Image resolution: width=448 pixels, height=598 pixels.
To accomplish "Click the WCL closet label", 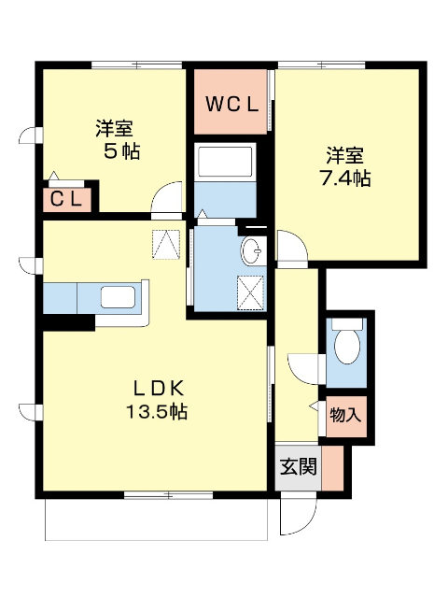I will (x=231, y=104).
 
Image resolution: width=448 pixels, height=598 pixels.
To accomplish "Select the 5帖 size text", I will (x=120, y=150).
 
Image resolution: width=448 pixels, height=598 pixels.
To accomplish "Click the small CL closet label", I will (x=67, y=198).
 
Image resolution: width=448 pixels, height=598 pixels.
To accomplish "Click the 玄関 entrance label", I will (x=297, y=465).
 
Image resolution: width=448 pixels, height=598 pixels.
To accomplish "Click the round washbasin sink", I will (x=252, y=250).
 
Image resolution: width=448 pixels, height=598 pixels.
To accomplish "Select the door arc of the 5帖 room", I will (x=169, y=201).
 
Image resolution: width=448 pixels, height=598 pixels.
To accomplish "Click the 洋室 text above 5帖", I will (x=117, y=128).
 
